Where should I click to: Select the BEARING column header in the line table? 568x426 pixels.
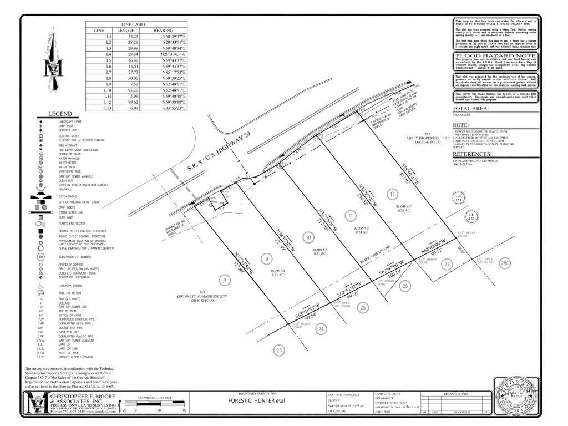point(163,30)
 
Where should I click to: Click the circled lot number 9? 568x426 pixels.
point(267,258)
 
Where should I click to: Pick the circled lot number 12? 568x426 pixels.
point(392,194)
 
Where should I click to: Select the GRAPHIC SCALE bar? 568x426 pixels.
point(155,405)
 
